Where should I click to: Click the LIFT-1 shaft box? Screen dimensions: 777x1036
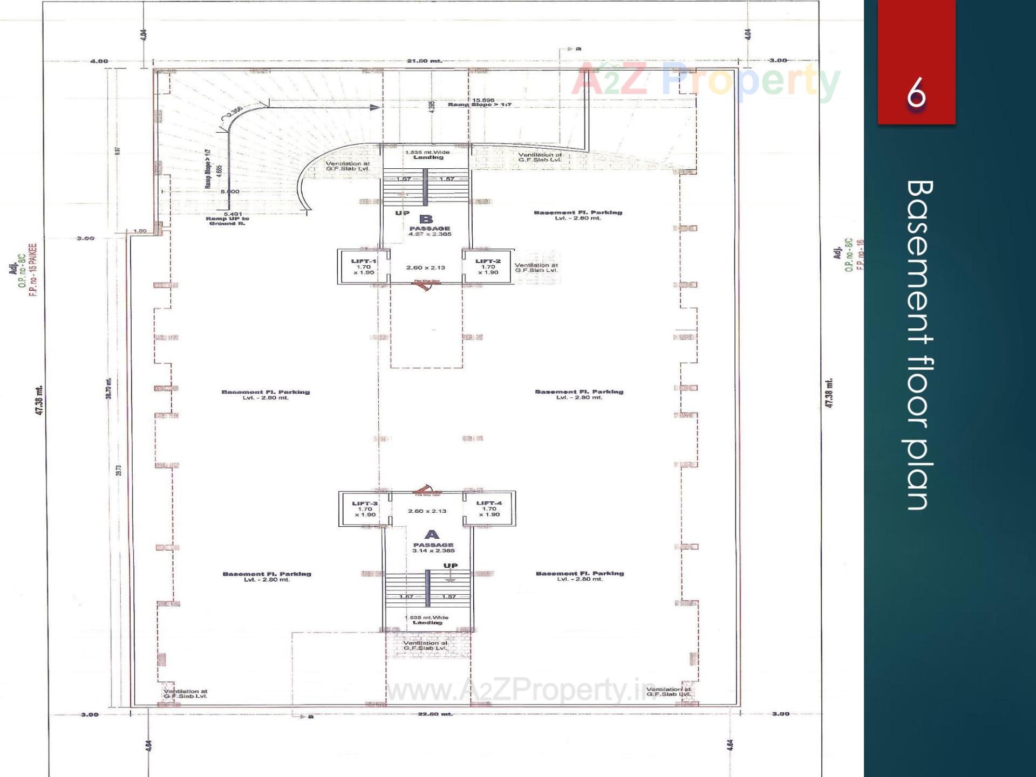[x=363, y=266]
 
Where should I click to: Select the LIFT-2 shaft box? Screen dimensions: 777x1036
[x=488, y=266]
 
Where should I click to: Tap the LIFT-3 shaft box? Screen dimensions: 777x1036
[x=365, y=508]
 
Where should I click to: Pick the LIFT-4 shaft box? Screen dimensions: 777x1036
[x=489, y=508]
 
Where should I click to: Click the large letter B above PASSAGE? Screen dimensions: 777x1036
[x=426, y=219]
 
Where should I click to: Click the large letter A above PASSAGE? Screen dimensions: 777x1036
[x=432, y=534]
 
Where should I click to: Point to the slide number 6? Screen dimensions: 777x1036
[x=916, y=93]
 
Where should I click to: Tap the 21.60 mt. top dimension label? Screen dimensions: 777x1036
[x=424, y=61]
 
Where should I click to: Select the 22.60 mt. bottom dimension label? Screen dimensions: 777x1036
[x=435, y=714]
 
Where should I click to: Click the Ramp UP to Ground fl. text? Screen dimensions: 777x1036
[x=227, y=221]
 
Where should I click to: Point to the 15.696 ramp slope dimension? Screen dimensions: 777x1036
[x=483, y=100]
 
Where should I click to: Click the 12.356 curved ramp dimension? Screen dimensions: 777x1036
[x=235, y=112]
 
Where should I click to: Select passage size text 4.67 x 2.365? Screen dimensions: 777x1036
[x=430, y=234]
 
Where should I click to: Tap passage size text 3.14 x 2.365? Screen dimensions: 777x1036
[x=433, y=551]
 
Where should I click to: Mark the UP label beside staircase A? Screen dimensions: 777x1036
[x=450, y=566]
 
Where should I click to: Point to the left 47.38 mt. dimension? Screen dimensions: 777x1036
[x=39, y=400]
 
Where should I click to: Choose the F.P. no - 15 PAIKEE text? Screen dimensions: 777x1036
[x=33, y=270]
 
